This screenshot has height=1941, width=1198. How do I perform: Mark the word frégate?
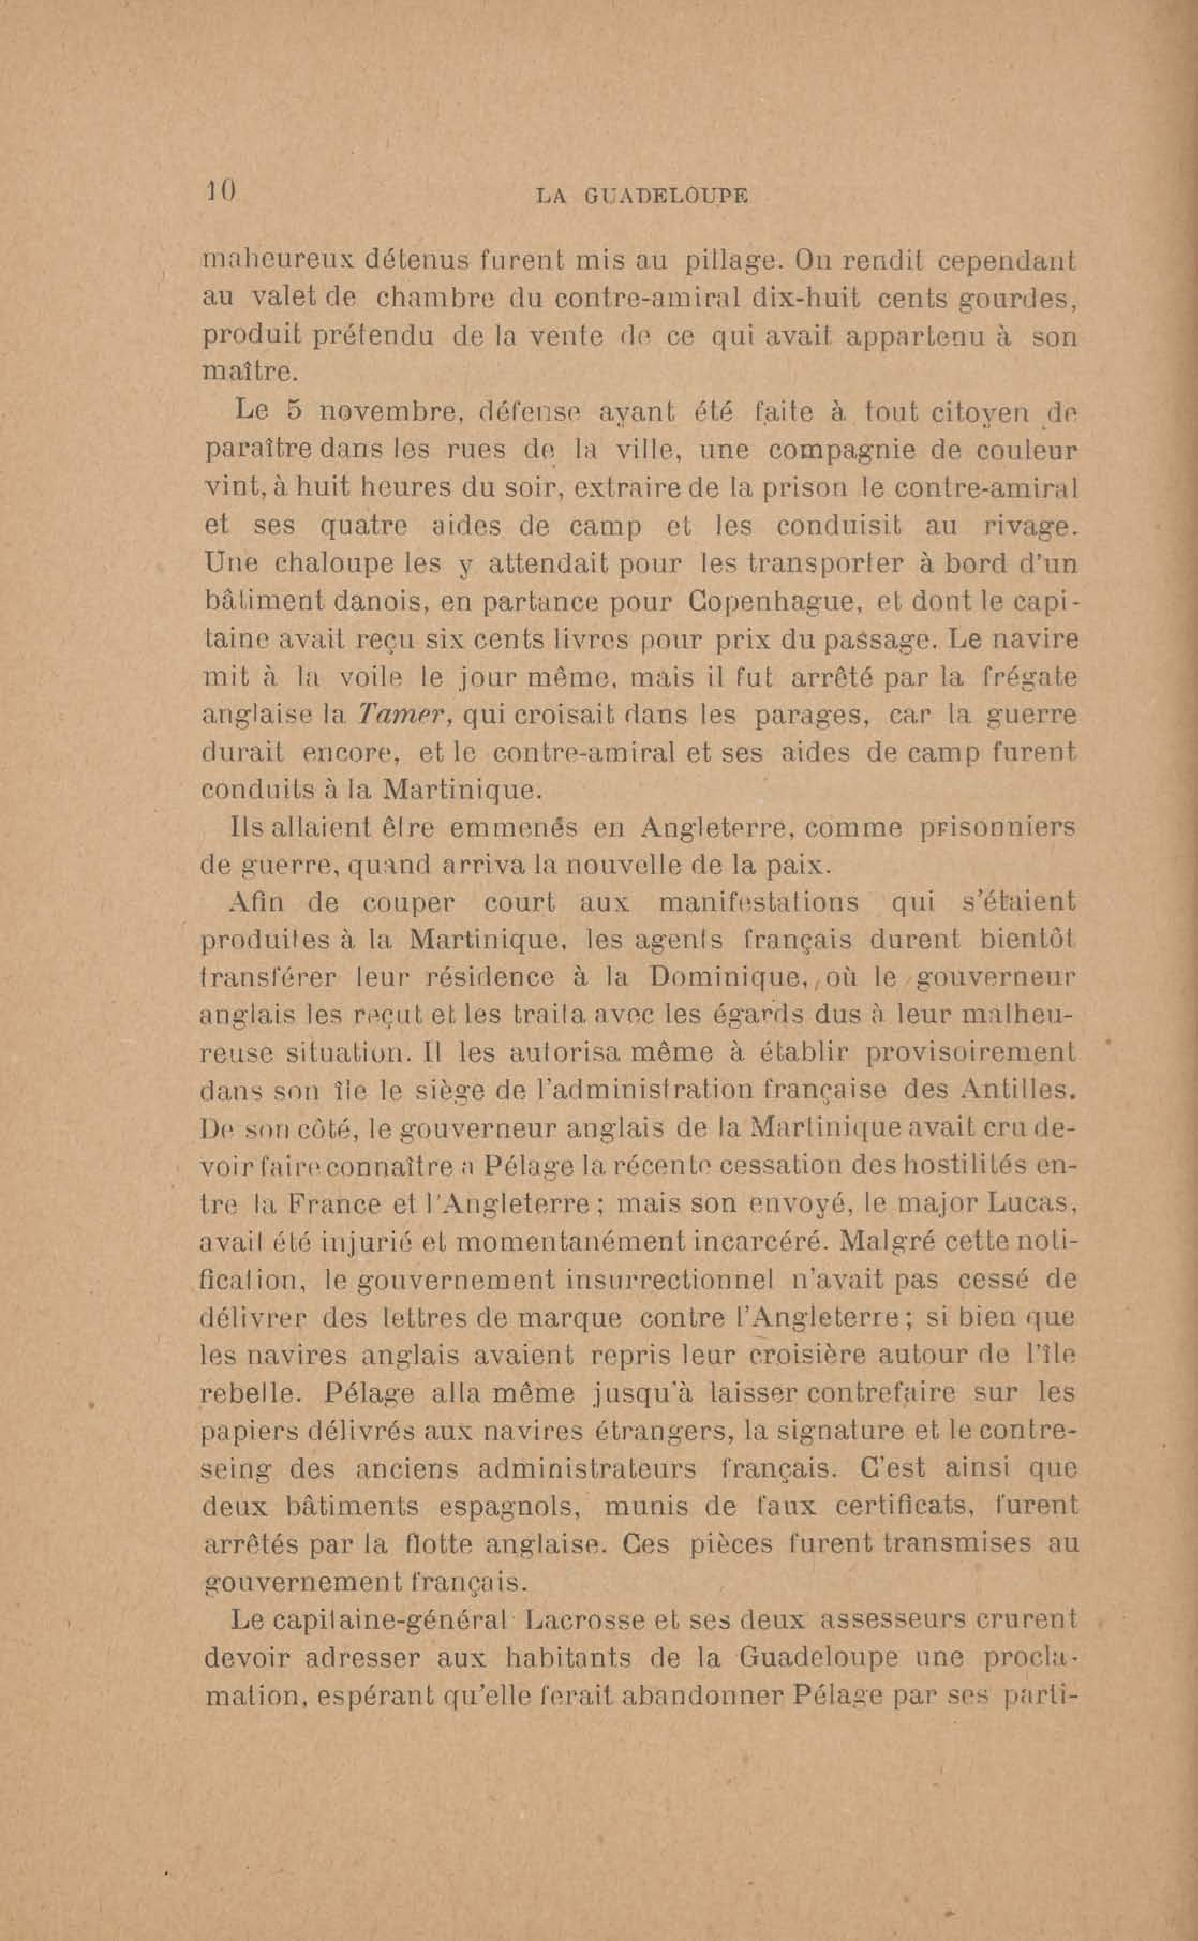pos(1023,678)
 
